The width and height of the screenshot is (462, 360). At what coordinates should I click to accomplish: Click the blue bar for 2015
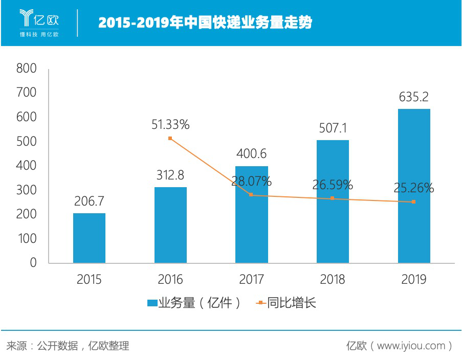tap(89, 238)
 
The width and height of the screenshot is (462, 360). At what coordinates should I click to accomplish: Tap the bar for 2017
tap(251, 215)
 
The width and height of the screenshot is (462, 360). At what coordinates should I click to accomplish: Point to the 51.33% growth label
tap(170, 124)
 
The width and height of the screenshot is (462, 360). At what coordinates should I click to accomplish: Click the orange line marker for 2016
tap(170, 139)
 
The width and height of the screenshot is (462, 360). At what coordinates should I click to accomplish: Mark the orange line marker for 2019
tap(413, 202)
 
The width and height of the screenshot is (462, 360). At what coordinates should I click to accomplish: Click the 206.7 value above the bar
tap(90, 201)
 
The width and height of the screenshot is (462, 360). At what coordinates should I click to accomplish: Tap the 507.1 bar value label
tap(333, 128)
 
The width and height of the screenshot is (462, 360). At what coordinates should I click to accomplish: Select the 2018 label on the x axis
tap(333, 279)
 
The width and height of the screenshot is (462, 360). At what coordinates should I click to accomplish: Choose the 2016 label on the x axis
tap(170, 279)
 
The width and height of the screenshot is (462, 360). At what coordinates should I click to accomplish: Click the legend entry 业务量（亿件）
tap(194, 303)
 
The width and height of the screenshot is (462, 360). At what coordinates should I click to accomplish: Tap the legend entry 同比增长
tap(286, 303)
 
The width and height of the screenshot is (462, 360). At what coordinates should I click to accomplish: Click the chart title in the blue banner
tap(205, 23)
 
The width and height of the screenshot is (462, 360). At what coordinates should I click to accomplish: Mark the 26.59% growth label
tap(333, 185)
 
